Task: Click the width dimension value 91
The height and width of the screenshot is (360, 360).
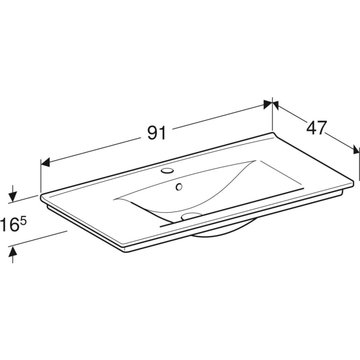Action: [157, 133]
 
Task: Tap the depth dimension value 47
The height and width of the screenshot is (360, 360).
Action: [316, 127]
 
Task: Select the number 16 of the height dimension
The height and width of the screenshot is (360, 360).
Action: [10, 224]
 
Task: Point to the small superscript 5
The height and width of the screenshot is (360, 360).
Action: [24, 221]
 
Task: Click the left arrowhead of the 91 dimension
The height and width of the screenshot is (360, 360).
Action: [46, 162]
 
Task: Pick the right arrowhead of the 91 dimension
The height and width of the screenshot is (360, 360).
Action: [268, 104]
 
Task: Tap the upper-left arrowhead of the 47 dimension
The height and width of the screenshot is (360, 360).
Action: [276, 105]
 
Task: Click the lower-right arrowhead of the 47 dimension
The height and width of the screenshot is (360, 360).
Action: [356, 150]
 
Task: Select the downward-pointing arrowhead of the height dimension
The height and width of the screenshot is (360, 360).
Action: [13, 197]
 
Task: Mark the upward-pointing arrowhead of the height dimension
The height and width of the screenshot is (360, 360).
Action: [13, 251]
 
